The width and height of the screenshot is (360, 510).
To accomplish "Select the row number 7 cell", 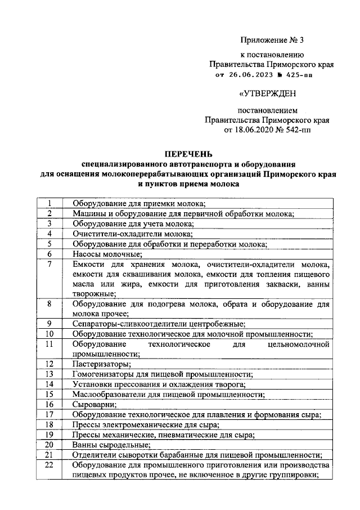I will click(49, 264).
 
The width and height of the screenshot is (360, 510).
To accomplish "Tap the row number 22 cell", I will click(49, 465).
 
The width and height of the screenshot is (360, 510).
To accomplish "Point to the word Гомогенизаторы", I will click(105, 374).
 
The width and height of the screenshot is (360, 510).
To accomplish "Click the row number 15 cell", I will click(49, 394).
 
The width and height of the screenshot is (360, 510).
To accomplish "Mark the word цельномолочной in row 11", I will click(299, 343).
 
